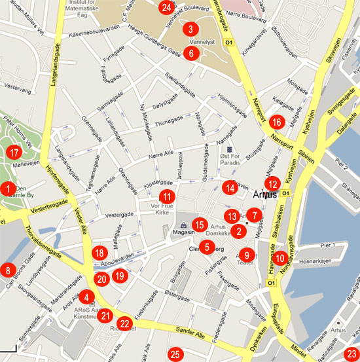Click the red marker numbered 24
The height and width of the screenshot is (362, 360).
click(167, 8)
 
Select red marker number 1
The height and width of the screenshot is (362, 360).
click(8, 189)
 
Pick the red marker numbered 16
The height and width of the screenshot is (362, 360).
click(276, 122)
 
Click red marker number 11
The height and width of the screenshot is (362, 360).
click(168, 196)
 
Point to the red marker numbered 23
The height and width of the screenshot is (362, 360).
click(352, 352)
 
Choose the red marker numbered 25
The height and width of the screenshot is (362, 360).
click(174, 355)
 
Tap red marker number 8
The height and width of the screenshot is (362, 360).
click(8, 270)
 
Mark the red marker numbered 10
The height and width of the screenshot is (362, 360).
click(280, 258)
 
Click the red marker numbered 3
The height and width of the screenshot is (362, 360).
click(190, 29)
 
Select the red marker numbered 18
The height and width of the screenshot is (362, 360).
click(99, 253)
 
